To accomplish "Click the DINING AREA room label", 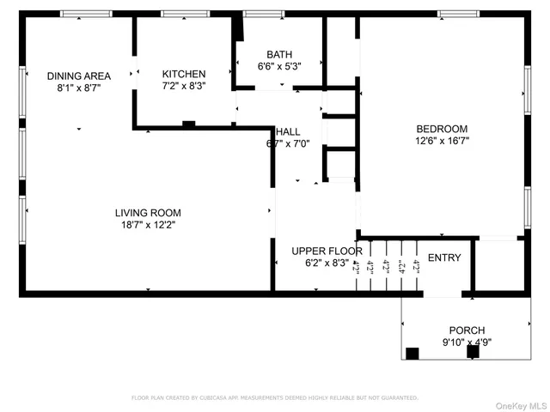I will tap(79, 76).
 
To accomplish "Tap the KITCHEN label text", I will tap(184, 75).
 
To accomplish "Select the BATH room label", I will tap(279, 53).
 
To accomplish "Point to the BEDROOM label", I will tap(442, 129).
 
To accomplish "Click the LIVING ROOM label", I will tap(149, 212).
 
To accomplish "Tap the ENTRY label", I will tap(444, 257).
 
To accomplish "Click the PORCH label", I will tap(467, 330).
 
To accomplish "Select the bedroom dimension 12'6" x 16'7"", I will tap(442, 141).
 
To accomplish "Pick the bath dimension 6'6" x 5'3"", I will tap(279, 66).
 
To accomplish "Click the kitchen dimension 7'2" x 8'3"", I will tap(184, 87).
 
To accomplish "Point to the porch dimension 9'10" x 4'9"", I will tap(467, 342).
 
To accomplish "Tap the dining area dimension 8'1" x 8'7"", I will tap(79, 88).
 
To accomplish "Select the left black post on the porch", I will tap(412, 352).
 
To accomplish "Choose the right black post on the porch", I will tap(472, 352).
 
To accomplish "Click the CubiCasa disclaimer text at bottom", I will tap(274, 397).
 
